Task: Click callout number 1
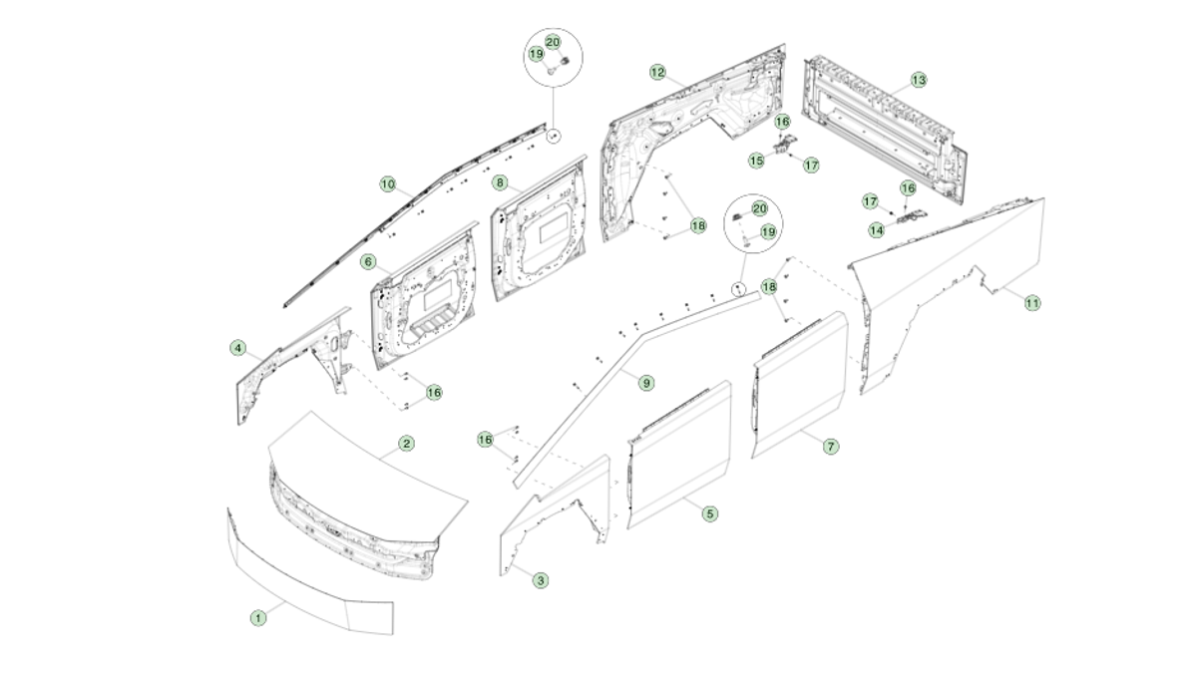[x=258, y=618]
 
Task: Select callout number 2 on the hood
[x=406, y=444]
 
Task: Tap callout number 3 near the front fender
[x=540, y=580]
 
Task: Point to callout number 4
[x=237, y=348]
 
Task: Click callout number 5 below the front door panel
[x=709, y=514]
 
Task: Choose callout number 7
[x=831, y=447]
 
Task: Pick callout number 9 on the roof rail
[x=645, y=383]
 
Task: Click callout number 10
[x=387, y=184]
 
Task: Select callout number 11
[x=1032, y=302]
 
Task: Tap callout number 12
[x=657, y=73]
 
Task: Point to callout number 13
[x=918, y=80]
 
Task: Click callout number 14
[x=876, y=230]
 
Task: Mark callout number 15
[x=756, y=160]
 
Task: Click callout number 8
[x=500, y=183]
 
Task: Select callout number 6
[x=368, y=262]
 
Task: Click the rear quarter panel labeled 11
[x=948, y=289]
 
